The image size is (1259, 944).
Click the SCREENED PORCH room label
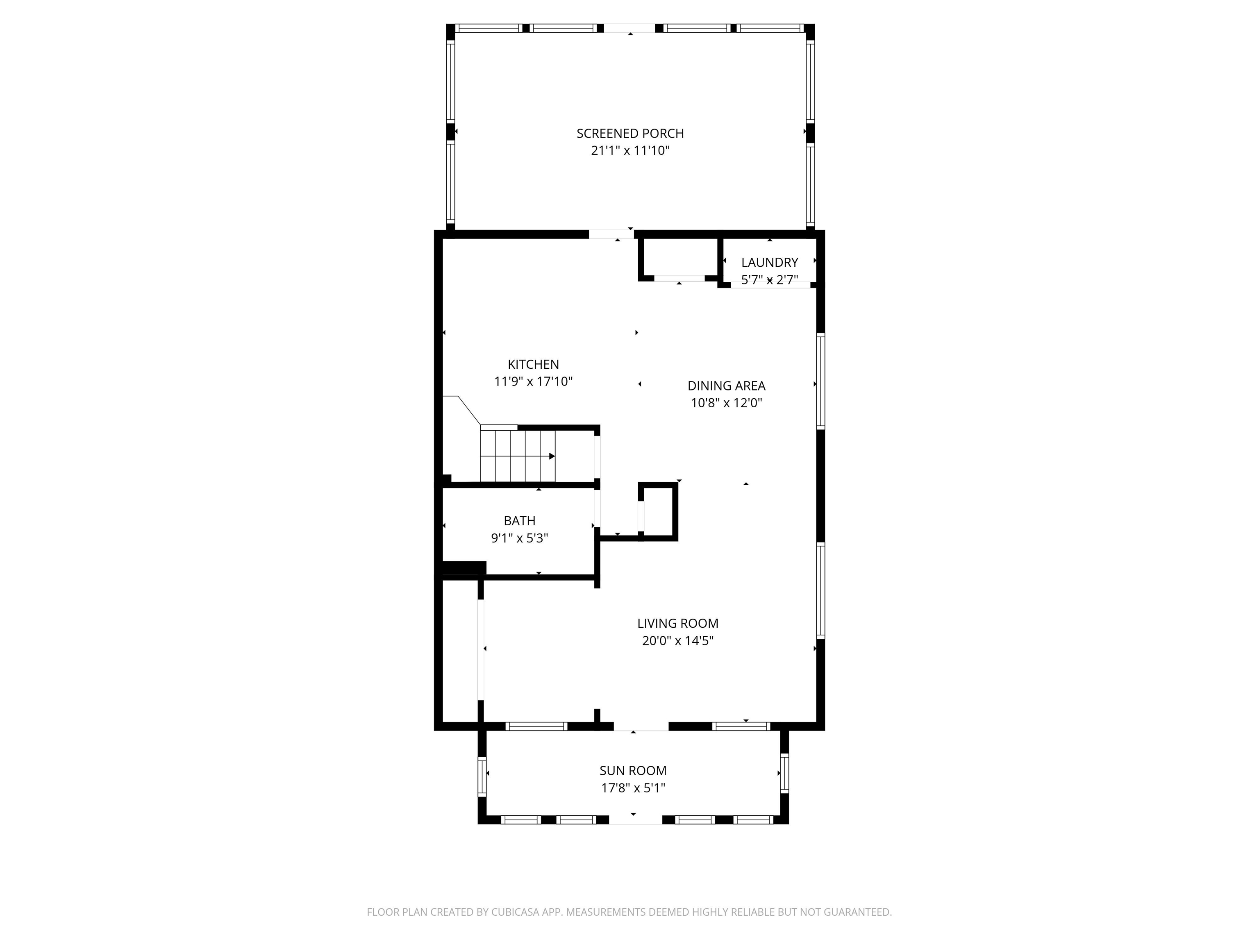click(629, 133)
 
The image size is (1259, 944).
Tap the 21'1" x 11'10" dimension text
click(629, 151)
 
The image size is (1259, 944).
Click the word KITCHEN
click(533, 364)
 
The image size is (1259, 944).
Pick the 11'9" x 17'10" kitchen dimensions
click(533, 381)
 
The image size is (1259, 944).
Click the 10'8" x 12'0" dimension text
click(726, 403)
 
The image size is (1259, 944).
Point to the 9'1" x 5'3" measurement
click(519, 538)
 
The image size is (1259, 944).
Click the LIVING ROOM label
click(677, 623)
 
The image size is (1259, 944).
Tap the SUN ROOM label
click(632, 770)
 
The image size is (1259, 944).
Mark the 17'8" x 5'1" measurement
click(632, 788)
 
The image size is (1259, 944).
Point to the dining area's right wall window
click(820, 381)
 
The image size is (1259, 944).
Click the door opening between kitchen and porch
click(611, 234)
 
